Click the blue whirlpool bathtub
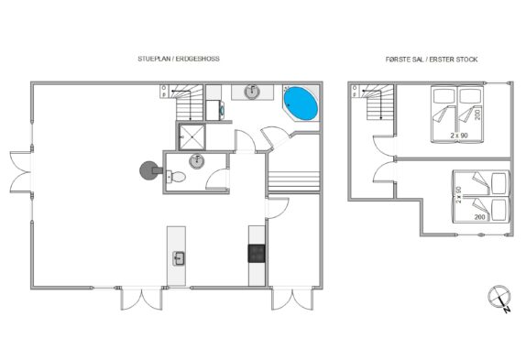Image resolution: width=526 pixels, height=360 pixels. [x=301, y=104]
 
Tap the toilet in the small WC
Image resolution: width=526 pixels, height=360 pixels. [x=176, y=176]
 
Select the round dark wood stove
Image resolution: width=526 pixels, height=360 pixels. [x=149, y=170]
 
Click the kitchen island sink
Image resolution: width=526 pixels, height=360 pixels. [x=179, y=258]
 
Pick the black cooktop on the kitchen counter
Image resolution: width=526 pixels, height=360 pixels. [x=257, y=253]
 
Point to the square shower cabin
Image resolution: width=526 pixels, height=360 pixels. [x=192, y=136]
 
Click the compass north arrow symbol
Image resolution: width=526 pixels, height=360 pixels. [x=499, y=298]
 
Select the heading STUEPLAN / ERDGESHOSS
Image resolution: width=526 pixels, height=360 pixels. [x=179, y=59]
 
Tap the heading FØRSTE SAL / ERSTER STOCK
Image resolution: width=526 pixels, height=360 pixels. [x=432, y=60]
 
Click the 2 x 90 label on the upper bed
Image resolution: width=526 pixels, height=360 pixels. [x=459, y=136]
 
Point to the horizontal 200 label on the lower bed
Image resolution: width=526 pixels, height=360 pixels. [x=479, y=217]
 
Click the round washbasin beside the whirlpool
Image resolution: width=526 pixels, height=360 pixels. [x=252, y=92]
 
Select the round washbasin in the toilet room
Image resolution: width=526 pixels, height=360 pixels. [x=197, y=161]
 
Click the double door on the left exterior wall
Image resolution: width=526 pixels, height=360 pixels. [x=21, y=172]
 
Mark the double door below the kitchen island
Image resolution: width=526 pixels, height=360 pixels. [x=141, y=299]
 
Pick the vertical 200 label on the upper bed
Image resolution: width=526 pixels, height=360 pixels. [x=477, y=115]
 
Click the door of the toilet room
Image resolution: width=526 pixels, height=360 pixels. [x=217, y=179]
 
